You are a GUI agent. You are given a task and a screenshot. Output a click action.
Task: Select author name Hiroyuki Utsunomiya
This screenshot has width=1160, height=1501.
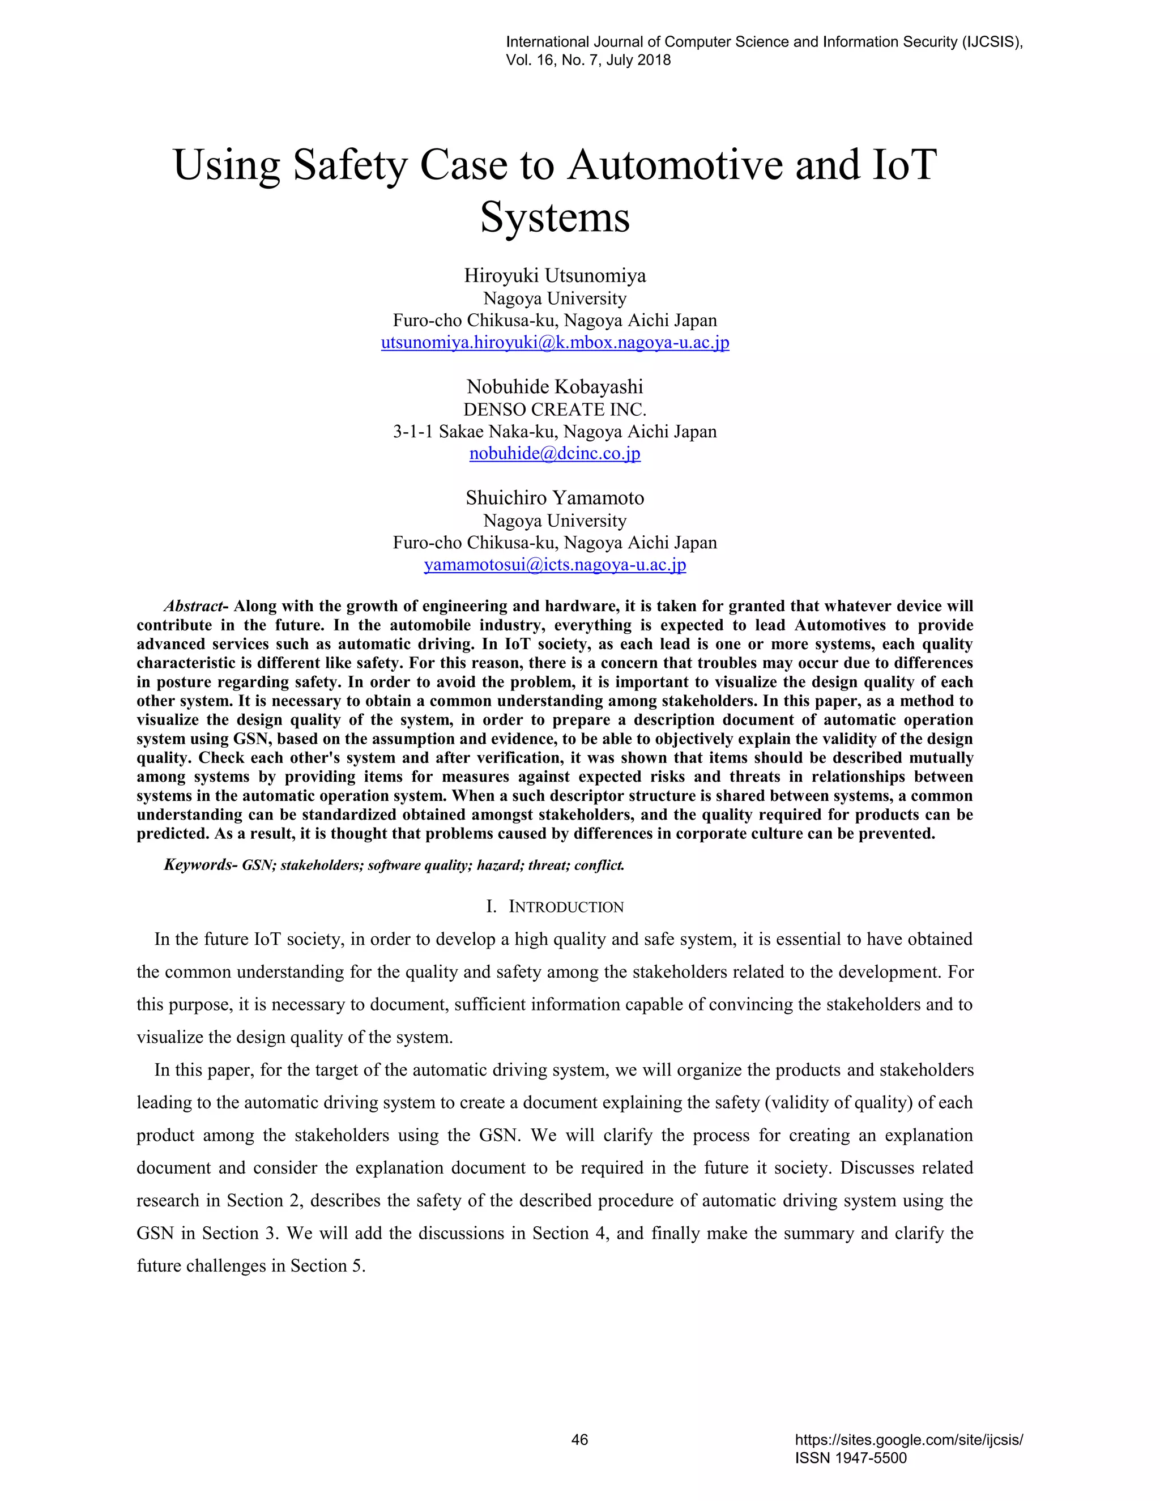[555, 276]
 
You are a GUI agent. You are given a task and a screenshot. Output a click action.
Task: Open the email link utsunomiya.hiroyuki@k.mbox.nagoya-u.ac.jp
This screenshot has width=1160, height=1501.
[555, 342]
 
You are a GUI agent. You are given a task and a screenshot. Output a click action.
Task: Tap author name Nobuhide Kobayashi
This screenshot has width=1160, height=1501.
[555, 387]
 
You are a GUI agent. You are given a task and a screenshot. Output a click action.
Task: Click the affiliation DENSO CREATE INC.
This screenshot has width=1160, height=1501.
[555, 410]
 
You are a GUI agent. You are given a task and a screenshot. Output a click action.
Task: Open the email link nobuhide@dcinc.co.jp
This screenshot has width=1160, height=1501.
[555, 454]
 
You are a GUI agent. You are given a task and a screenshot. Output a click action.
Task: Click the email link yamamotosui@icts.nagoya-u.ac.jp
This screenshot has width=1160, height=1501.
[555, 565]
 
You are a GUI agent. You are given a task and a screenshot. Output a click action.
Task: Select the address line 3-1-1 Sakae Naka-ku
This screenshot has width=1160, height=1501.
[555, 432]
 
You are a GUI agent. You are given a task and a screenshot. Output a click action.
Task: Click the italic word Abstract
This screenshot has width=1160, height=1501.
[193, 606]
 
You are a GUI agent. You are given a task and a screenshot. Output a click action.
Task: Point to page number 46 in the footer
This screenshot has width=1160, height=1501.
[579, 1440]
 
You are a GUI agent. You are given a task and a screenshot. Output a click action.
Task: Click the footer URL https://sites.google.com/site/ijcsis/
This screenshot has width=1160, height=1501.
[909, 1440]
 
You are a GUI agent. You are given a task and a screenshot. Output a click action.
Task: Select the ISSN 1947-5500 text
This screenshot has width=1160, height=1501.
[851, 1458]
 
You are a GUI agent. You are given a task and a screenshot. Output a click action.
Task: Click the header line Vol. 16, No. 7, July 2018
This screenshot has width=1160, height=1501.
[588, 61]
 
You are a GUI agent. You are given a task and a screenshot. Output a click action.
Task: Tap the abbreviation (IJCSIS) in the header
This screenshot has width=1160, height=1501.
[992, 42]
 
